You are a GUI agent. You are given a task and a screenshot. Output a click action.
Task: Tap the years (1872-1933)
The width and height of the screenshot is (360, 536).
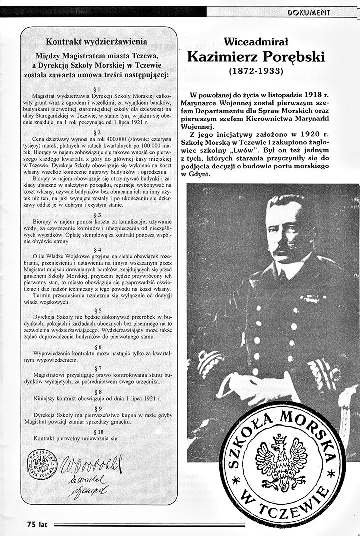coord(256,71)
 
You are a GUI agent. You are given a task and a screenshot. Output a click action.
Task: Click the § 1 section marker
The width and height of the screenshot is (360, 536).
coord(97,88)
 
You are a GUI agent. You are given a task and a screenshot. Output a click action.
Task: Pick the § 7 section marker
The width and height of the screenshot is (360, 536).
coord(97,367)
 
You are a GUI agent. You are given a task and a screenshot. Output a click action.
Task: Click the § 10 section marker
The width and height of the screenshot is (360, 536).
coord(97,431)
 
